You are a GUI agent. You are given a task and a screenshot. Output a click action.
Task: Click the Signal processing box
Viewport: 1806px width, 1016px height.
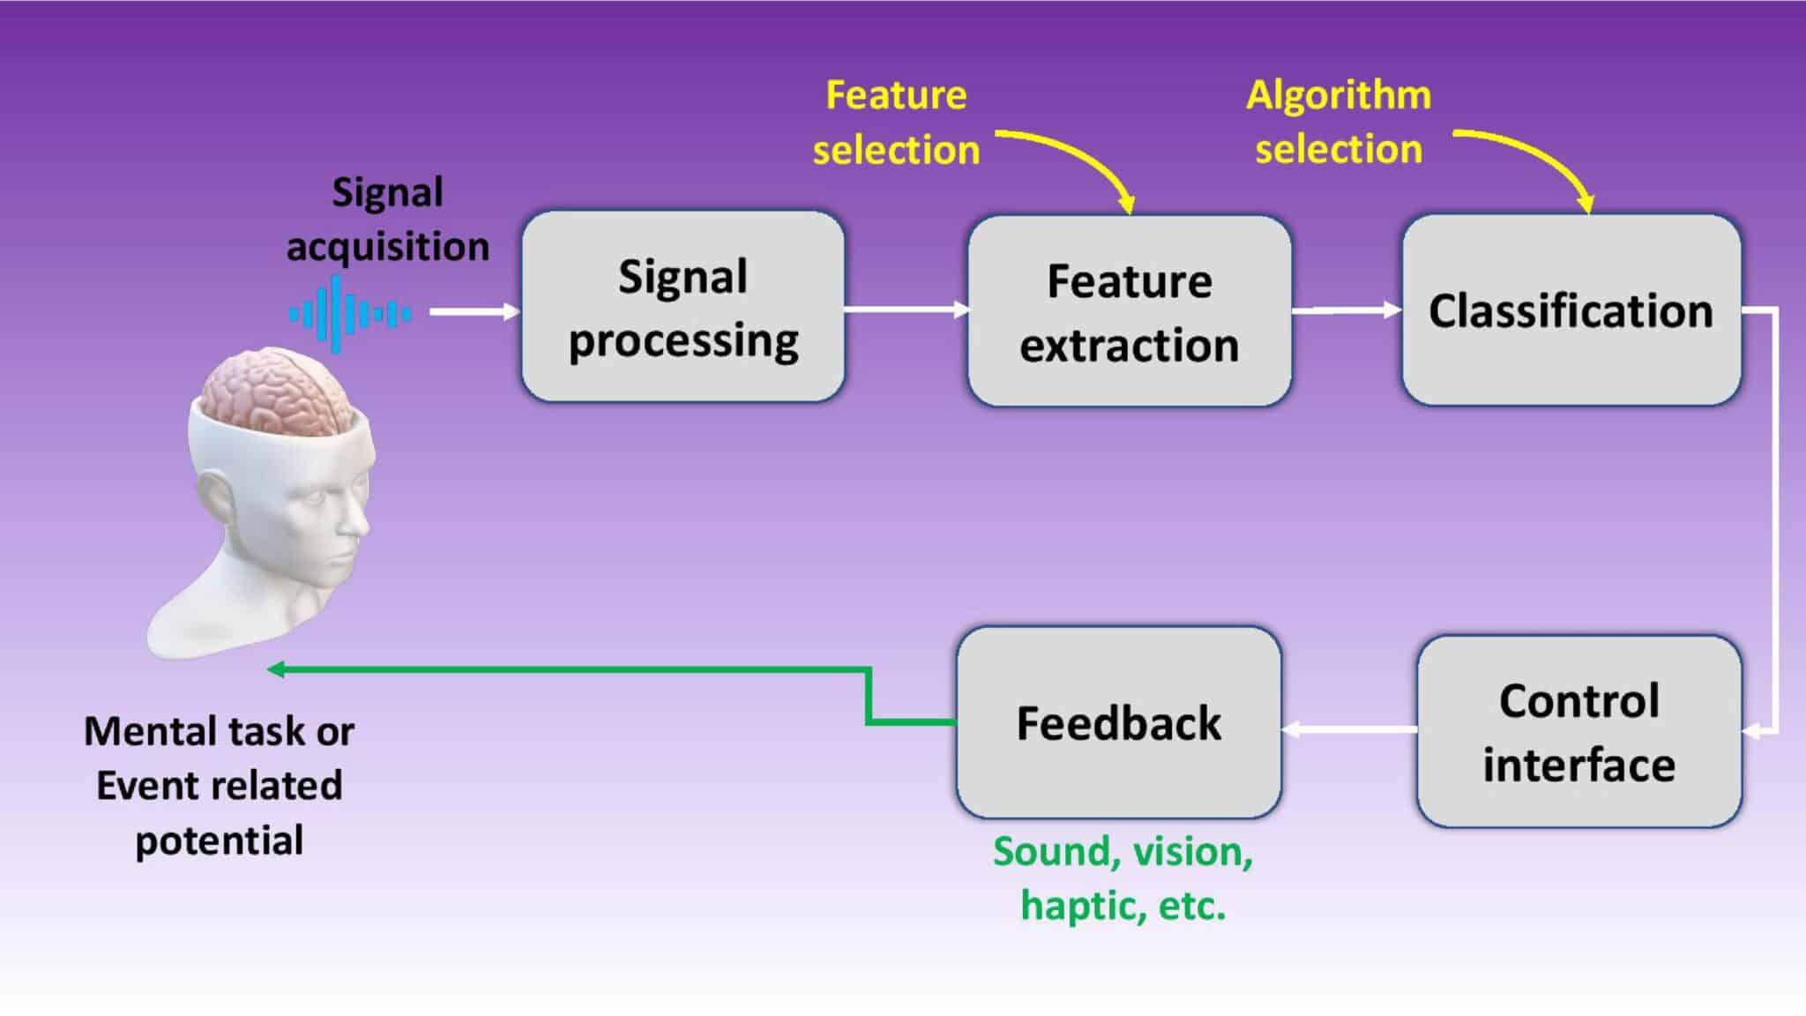pos(683,306)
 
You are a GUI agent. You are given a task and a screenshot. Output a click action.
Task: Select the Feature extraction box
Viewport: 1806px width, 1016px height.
pos(1130,311)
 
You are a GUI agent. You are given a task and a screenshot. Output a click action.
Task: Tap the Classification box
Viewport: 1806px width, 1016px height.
pos(1571,310)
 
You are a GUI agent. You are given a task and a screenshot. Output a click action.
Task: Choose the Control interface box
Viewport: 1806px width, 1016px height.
pos(1578,731)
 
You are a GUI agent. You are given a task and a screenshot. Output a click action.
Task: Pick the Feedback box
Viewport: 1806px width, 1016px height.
pos(1118,722)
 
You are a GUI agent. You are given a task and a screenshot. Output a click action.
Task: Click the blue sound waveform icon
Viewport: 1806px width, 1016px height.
pos(349,314)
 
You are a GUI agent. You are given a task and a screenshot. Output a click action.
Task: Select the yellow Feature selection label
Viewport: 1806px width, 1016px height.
pos(896,123)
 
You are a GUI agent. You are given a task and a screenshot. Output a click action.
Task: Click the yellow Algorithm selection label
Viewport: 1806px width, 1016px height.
pos(1339,122)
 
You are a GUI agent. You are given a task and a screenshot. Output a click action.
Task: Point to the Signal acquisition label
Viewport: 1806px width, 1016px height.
pos(387,219)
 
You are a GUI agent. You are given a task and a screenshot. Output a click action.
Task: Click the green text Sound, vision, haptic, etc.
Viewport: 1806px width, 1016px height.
pos(1123,878)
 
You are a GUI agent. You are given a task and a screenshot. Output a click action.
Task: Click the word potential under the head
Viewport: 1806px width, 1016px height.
pos(219,840)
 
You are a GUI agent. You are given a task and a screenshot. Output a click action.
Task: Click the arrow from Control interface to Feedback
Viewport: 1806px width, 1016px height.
pos(1349,729)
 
